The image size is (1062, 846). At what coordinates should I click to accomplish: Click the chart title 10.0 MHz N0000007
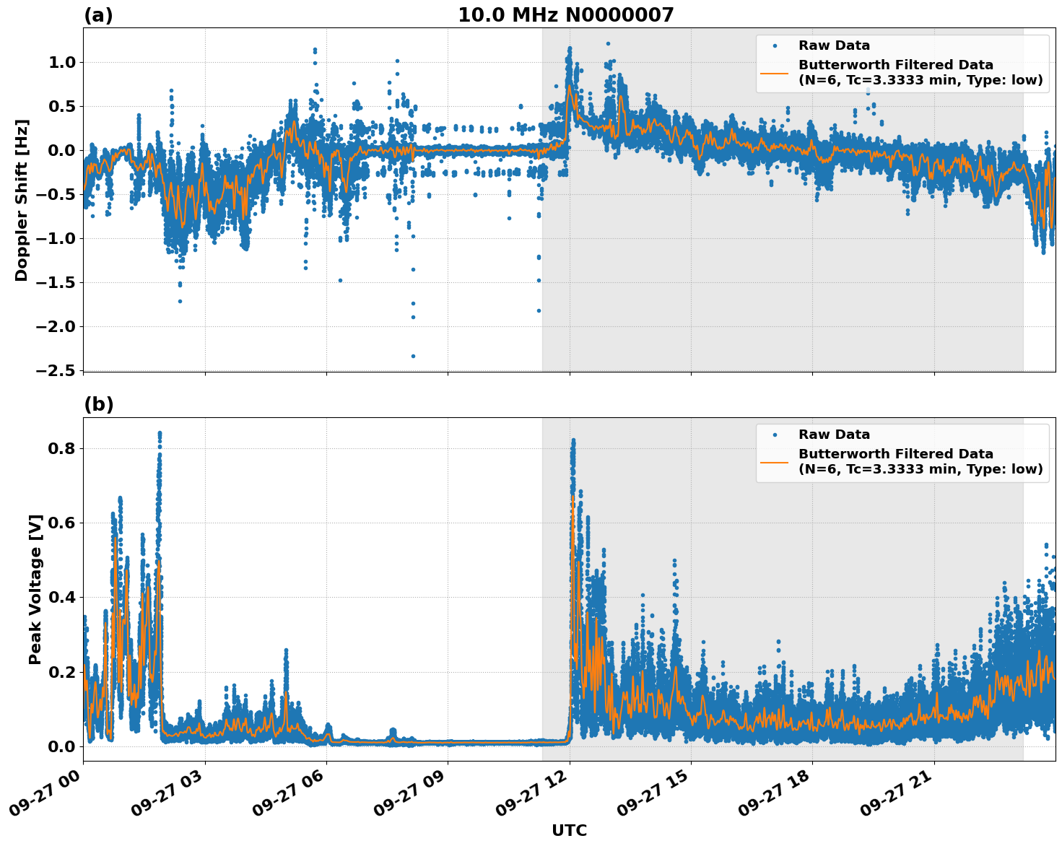coord(565,15)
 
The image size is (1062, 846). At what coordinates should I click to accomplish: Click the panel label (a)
coord(98,15)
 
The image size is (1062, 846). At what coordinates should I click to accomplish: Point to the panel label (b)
coord(98,404)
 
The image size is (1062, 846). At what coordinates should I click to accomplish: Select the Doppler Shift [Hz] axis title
coord(22,200)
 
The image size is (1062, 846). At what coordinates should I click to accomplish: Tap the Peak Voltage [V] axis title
coord(35,589)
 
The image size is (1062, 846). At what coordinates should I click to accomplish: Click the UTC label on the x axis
coord(569,830)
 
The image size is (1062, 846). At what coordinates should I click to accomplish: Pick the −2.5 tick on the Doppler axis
coord(55,370)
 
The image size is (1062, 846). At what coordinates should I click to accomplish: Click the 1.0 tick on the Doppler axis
coord(61,63)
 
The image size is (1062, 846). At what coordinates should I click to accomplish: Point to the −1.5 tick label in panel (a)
coord(55,282)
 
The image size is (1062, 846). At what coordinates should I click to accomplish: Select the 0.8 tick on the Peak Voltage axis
coord(61,448)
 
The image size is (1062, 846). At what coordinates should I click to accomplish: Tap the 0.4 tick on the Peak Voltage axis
coord(61,598)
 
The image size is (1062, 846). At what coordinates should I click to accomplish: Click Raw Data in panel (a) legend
coord(834,45)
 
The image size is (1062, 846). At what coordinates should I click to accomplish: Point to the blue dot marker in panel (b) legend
coord(775,435)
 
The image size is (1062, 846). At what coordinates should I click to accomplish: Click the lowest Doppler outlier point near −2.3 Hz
coord(413,356)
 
